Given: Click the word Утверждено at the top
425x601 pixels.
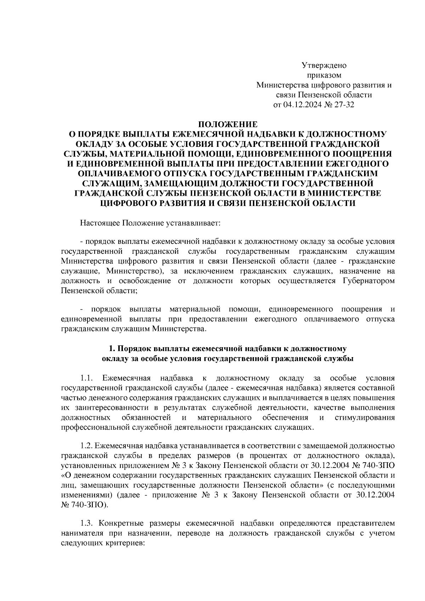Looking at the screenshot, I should coord(324,65).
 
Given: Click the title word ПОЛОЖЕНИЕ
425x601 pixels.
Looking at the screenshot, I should coord(228,125).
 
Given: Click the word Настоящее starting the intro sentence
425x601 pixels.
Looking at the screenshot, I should coord(100,223).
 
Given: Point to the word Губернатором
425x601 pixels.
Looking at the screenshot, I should coord(369,281).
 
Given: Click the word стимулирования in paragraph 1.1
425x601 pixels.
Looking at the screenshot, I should coord(364,417).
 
